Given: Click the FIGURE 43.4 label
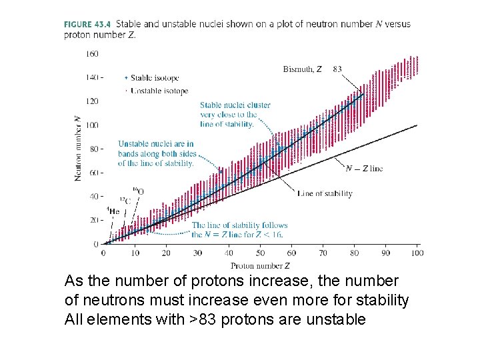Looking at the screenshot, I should coord(87,24).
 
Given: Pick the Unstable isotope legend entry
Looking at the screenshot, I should coord(159,91).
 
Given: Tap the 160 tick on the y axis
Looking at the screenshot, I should coord(92,53).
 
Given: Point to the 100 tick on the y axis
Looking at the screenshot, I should coord(92,125).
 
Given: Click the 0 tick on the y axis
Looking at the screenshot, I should coord(96,244).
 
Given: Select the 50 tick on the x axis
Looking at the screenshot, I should coord(260,253).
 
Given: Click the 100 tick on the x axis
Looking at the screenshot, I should coord(417,253).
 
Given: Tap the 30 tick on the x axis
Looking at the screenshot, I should coord(197,253).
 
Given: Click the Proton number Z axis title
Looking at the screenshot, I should coord(260,266).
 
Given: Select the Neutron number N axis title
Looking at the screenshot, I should coord(78,148).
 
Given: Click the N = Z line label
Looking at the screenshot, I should coord(364,169).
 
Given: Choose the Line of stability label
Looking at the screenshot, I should coord(325,194).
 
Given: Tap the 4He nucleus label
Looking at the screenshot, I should coord(114,211).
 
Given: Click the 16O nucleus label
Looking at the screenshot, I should coord(138,191).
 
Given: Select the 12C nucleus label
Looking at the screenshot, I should coord(125,200).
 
